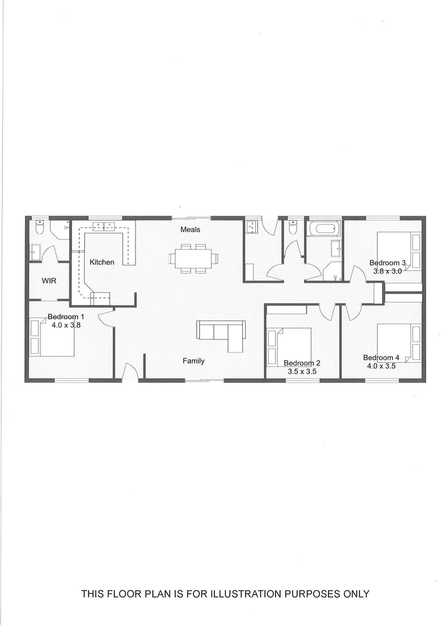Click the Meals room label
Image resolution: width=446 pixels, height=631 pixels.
tap(190, 230)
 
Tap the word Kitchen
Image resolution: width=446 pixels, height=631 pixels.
tap(102, 262)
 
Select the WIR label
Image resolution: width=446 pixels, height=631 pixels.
tap(48, 280)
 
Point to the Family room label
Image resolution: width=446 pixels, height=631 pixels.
tap(193, 361)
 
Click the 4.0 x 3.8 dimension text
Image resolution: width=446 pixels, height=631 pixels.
tap(65, 325)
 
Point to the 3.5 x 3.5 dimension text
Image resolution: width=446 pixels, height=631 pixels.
tap(302, 371)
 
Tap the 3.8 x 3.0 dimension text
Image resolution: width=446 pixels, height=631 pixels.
tap(388, 271)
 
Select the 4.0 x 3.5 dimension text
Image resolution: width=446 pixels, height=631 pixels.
tap(381, 366)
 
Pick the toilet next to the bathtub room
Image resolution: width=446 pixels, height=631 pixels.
tap(293, 227)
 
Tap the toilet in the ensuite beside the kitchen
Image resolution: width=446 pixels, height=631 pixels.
tap(39, 228)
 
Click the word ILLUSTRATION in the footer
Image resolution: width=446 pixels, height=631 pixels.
tap(238, 594)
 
